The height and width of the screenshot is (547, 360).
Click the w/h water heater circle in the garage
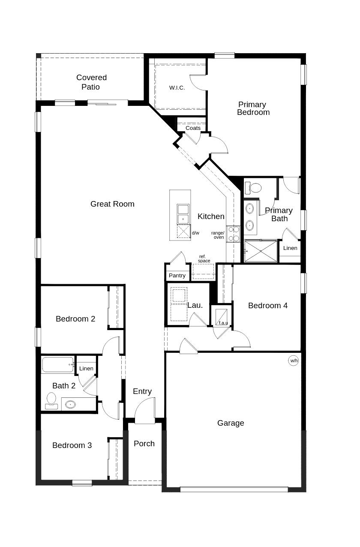click(294, 361)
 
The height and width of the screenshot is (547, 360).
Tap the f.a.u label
click(223, 323)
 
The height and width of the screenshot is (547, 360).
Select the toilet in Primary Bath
click(253, 188)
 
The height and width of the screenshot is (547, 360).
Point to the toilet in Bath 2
click(51, 400)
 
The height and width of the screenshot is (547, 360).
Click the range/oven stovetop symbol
click(233, 234)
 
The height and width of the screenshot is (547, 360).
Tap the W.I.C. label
click(177, 88)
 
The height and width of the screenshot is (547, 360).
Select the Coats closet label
click(193, 128)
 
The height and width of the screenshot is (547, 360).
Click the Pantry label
click(177, 276)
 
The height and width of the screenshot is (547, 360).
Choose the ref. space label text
click(204, 258)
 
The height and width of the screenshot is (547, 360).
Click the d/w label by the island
click(195, 233)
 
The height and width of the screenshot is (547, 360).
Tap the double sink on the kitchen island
click(183, 214)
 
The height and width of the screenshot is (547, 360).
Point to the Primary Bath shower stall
click(261, 251)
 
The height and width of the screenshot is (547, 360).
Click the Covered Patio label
click(91, 82)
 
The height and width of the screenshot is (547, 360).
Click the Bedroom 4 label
click(268, 306)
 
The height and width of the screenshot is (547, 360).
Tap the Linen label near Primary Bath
click(290, 248)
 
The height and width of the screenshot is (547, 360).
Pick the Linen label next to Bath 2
click(86, 369)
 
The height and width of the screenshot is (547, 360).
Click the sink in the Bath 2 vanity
click(70, 404)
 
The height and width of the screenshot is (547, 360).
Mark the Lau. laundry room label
click(195, 305)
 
